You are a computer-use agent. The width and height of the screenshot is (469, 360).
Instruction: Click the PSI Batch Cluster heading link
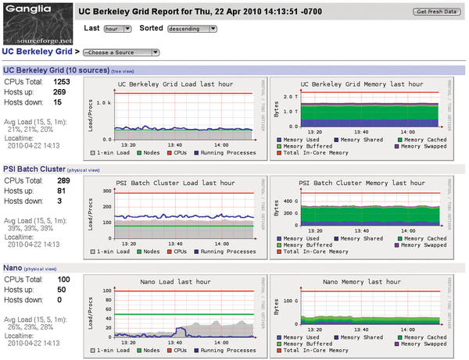click(x=34, y=168)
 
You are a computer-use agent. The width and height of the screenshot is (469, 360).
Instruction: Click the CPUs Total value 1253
click(x=61, y=81)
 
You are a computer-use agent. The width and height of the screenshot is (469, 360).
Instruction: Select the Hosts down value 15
click(x=57, y=102)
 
